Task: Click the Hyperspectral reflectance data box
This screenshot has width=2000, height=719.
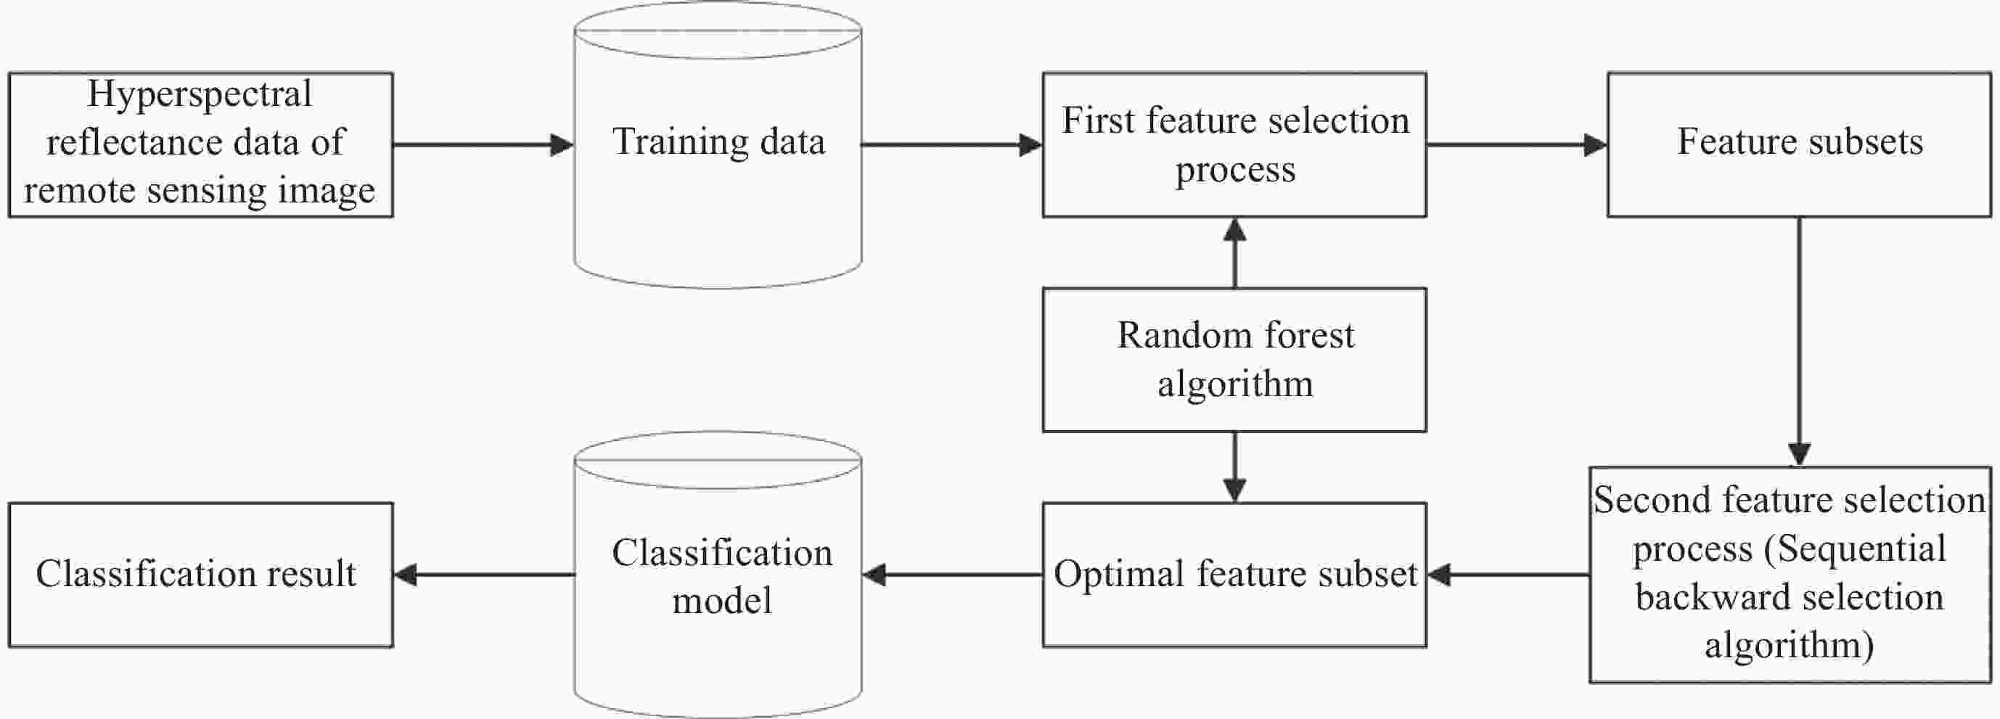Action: (201, 145)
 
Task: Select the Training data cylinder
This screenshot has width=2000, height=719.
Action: (718, 145)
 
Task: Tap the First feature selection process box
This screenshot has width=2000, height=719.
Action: (1234, 145)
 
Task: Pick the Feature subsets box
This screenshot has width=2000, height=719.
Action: (1800, 145)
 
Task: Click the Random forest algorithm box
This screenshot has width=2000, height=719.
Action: (1234, 361)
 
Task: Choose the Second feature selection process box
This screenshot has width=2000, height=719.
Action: (1790, 575)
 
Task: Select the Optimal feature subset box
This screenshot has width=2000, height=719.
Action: (1234, 575)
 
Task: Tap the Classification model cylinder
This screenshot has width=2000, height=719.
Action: (718, 575)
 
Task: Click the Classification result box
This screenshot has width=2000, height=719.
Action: (201, 575)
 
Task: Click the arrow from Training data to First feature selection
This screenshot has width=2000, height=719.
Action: (952, 145)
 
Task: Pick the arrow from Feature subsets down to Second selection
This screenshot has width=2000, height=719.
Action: (1800, 342)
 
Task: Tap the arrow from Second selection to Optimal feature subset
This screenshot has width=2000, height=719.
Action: (1508, 575)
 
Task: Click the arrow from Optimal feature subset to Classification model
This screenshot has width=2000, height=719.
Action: (952, 575)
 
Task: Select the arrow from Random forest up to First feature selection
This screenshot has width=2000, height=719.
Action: (1234, 253)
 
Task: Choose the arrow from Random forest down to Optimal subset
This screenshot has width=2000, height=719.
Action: (1234, 467)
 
